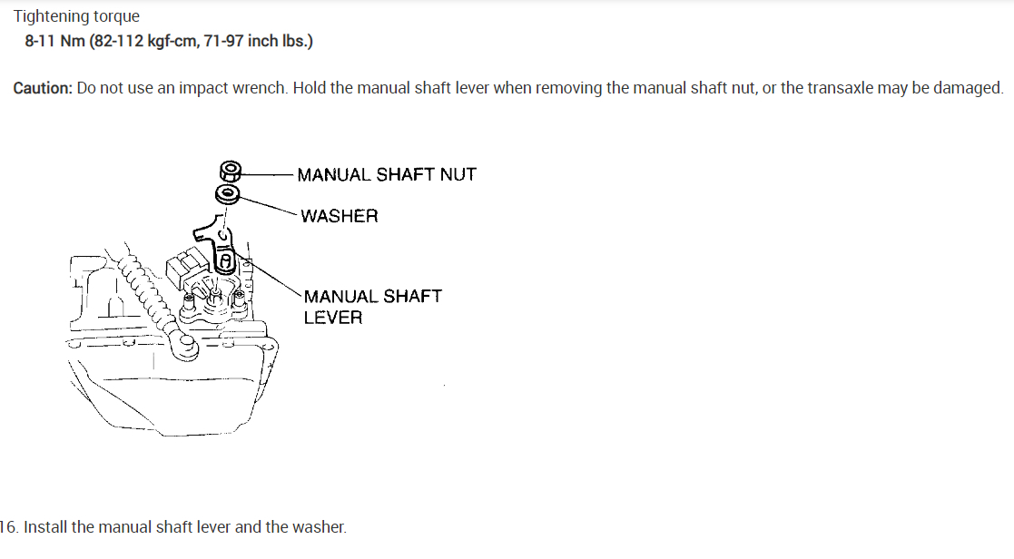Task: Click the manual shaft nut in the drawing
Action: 231,171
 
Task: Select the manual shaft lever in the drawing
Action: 222,245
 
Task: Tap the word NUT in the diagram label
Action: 458,174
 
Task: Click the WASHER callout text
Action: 340,216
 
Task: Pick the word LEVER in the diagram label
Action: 333,318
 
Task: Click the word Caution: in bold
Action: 43,88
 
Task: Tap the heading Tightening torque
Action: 76,16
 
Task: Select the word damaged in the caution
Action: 971,88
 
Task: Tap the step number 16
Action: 8,527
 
